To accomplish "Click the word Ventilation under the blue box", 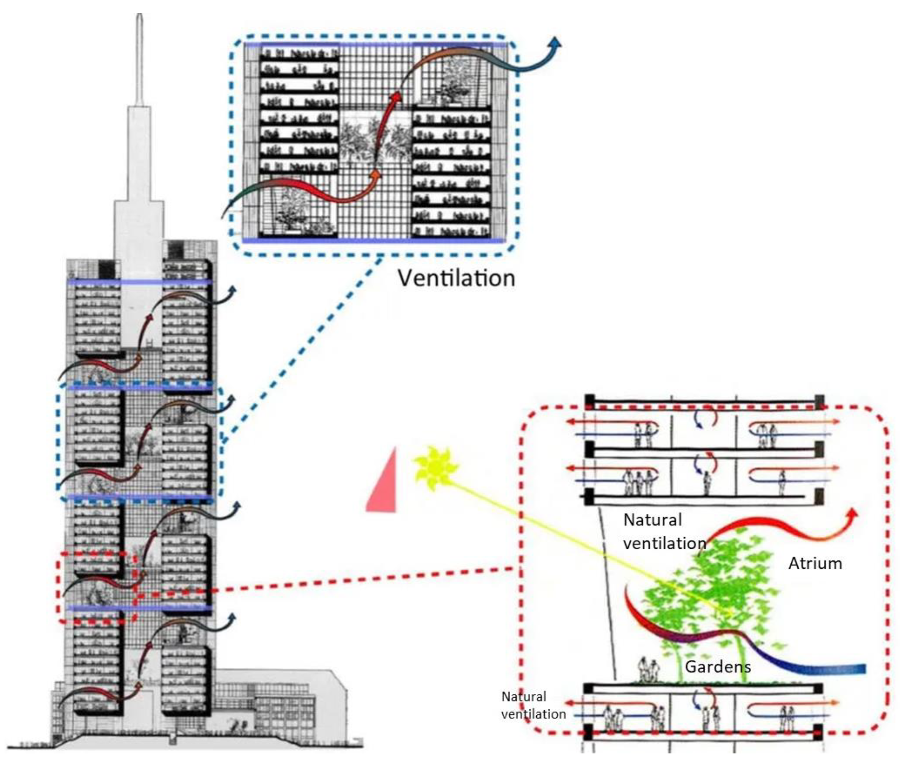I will coord(456,279).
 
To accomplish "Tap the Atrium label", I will coord(815,564).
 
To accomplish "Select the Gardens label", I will coord(718,666).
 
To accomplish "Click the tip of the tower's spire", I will coord(139,17).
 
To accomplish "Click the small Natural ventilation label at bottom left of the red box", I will coord(533,705).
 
